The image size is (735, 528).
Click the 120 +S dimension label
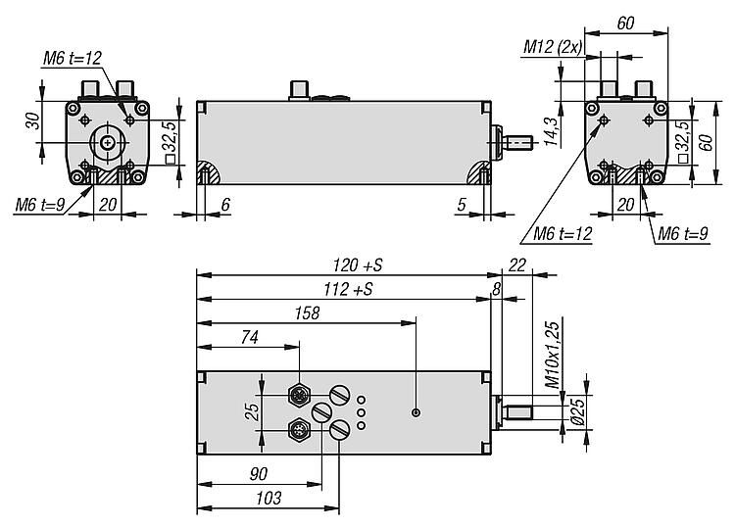(355, 265)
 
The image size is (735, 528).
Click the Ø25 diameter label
(576, 408)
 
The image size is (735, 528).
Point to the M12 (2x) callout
(553, 46)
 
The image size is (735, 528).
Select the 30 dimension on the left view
(32, 121)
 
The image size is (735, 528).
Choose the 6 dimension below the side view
(225, 205)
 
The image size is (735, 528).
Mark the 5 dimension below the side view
(460, 205)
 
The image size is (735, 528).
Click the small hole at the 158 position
(416, 412)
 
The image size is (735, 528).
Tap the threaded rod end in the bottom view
(520, 409)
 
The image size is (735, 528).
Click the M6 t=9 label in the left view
(40, 205)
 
